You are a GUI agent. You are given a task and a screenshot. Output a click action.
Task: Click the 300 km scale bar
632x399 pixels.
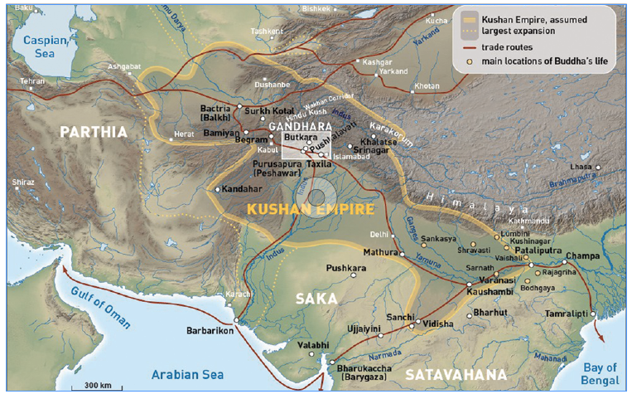pos(97,386)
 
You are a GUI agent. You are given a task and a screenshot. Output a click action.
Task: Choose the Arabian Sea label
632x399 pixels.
pos(187,375)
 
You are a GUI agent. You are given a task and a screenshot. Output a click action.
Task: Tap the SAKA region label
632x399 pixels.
pos(317,297)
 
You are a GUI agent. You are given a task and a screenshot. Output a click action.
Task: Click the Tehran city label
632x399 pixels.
pos(33,81)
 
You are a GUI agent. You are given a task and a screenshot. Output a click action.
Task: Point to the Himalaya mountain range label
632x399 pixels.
pos(468,205)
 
